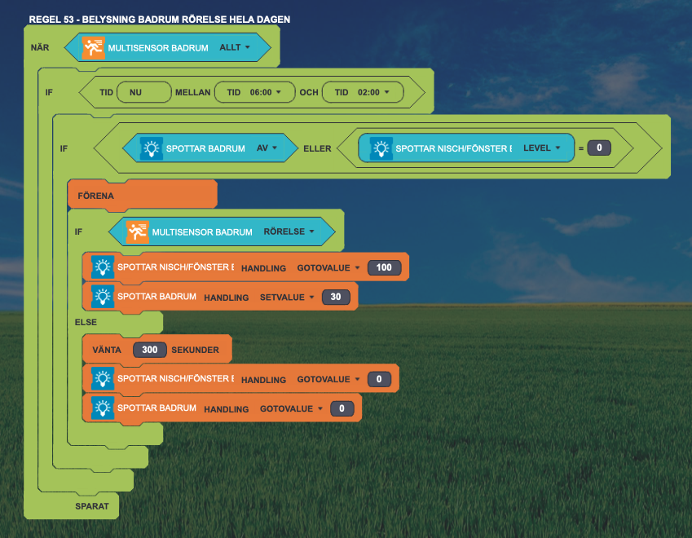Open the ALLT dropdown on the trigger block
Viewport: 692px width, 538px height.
coord(235,47)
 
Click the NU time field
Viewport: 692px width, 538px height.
coord(144,92)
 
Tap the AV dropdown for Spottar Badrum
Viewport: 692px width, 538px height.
coord(267,148)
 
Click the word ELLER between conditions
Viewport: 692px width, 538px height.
coord(317,148)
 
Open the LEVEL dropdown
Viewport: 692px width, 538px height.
coord(541,148)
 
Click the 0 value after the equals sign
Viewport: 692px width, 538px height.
coord(599,148)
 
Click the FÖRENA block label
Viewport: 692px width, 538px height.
coord(95,196)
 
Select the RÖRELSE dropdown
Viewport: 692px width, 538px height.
coord(289,232)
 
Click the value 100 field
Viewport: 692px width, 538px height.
coord(384,267)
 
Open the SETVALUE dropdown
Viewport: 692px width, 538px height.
coord(287,297)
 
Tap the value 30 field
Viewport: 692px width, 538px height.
coord(336,297)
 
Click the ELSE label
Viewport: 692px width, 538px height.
coord(86,322)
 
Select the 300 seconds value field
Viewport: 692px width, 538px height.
coord(150,350)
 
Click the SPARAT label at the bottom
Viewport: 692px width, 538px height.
coord(92,506)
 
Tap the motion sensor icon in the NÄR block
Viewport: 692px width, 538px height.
coord(94,47)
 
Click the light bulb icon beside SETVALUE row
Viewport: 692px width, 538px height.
coord(103,297)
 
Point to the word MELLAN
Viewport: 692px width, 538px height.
coord(193,92)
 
